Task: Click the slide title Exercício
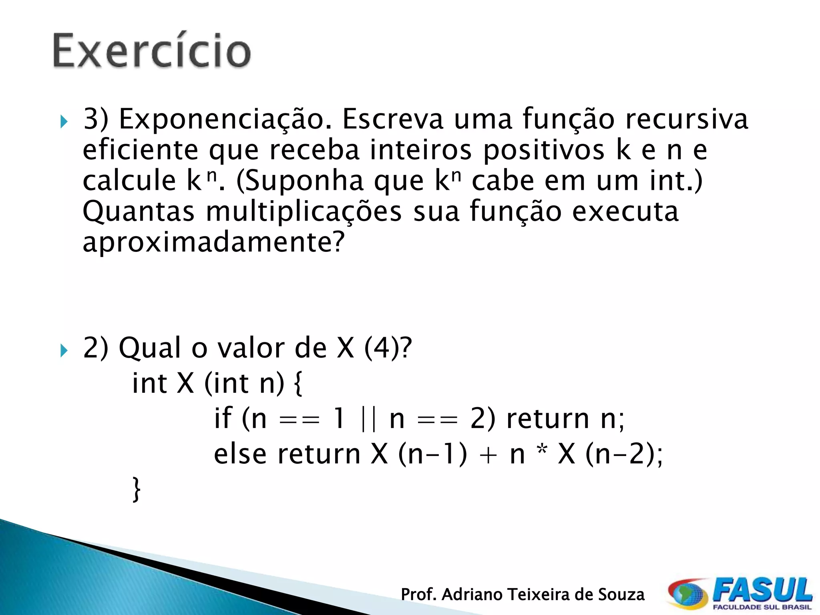(x=152, y=51)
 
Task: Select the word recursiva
(x=686, y=119)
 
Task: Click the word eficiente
(x=140, y=150)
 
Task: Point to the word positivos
(x=543, y=151)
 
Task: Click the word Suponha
(x=305, y=181)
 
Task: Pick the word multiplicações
(x=303, y=212)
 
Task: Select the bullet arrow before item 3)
(x=64, y=121)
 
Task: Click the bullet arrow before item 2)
(x=64, y=351)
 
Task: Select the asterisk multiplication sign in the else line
(x=542, y=450)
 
